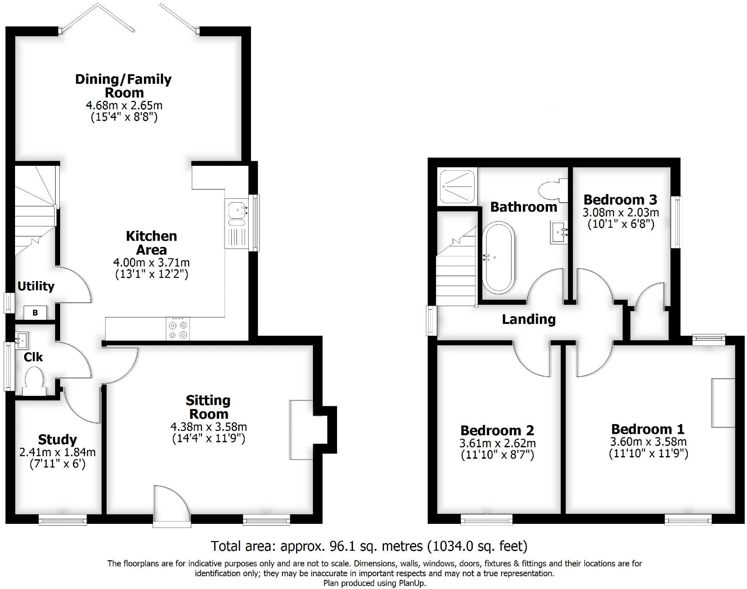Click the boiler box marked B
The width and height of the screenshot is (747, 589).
coord(35,313)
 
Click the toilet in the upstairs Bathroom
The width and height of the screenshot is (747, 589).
coord(552,189)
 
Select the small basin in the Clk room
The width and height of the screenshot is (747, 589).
coord(21,339)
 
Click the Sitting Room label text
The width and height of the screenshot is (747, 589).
coord(207,407)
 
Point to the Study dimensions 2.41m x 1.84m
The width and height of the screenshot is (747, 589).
coord(57,452)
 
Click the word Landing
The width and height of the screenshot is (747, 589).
coord(528,319)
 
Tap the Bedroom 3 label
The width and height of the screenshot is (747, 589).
coord(620,200)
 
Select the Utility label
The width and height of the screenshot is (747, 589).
coord(36,286)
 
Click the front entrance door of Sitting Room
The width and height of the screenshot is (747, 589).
coord(171,507)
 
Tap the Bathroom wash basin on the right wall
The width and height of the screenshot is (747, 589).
coord(559,232)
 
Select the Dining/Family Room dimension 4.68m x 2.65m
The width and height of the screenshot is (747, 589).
coord(124,105)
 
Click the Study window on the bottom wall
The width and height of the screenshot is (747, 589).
coord(62,520)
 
